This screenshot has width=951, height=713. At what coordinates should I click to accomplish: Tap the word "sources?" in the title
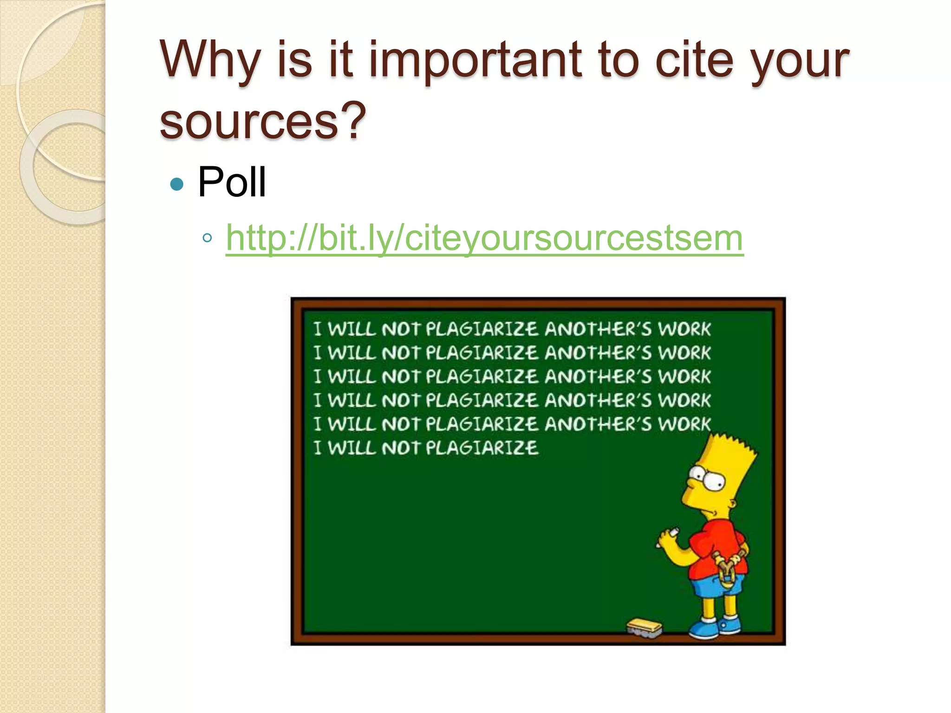[x=263, y=121]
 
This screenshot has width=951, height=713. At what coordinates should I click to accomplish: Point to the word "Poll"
[x=232, y=182]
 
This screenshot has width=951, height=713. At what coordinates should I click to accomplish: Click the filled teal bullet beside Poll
[x=177, y=184]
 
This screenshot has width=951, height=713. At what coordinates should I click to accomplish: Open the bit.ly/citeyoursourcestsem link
[x=484, y=238]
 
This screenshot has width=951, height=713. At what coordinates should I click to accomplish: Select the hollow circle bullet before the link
[x=207, y=239]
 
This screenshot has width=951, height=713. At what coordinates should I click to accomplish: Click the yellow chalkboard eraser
[x=645, y=627]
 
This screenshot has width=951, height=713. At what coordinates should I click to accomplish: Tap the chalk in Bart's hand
[x=671, y=532]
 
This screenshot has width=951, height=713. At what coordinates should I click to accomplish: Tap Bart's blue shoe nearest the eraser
[x=705, y=629]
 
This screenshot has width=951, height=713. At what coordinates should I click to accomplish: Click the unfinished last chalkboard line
[x=426, y=448]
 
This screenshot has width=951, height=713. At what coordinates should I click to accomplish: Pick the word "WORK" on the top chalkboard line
[x=684, y=329]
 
